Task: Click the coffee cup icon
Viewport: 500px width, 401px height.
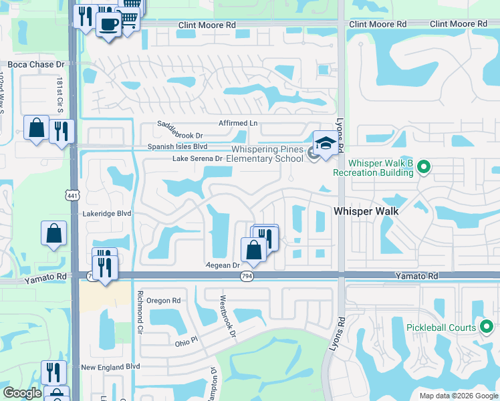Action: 108,25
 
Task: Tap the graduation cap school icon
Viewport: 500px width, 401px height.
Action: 325,144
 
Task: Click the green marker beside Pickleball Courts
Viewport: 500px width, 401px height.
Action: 486,327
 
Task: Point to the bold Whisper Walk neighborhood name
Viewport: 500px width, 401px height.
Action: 366,211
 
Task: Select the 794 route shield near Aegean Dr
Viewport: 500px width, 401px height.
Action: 247,277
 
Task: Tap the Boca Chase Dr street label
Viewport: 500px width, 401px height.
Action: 35,65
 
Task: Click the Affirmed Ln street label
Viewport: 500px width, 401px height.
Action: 238,123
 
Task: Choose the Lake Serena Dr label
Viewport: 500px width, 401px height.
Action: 197,159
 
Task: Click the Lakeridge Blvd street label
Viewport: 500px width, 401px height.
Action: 107,213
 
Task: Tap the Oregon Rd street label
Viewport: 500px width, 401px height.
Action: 164,301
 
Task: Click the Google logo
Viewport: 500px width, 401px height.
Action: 22,393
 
